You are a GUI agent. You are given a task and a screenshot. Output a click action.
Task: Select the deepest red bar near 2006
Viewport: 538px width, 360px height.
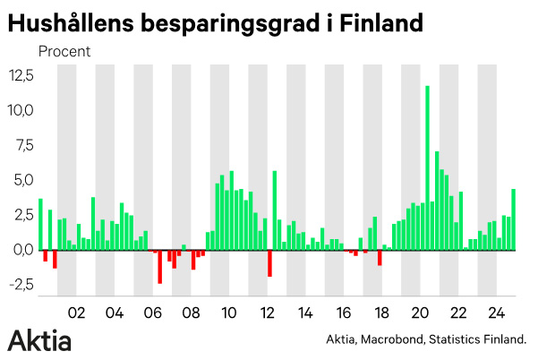click(159, 267)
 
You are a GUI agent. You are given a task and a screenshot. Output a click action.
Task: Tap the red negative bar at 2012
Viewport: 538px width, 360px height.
click(269, 263)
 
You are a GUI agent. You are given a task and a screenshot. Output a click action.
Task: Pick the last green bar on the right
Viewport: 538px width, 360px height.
click(513, 219)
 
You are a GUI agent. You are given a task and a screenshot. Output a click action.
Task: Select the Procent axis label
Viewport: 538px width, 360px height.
click(64, 51)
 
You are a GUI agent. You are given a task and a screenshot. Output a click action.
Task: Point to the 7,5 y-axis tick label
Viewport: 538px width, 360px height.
click(22, 145)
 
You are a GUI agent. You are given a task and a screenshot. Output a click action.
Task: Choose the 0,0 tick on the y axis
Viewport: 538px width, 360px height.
click(22, 250)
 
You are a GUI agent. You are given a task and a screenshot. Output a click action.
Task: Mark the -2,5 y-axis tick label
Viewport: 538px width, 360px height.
click(20, 285)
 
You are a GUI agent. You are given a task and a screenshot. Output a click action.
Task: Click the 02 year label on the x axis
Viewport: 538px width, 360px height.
click(76, 313)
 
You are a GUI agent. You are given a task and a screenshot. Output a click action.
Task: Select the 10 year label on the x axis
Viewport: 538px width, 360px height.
click(228, 313)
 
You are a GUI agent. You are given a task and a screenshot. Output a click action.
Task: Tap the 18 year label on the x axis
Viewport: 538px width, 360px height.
click(381, 313)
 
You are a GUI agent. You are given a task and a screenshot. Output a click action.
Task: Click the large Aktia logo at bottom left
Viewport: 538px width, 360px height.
click(39, 340)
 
